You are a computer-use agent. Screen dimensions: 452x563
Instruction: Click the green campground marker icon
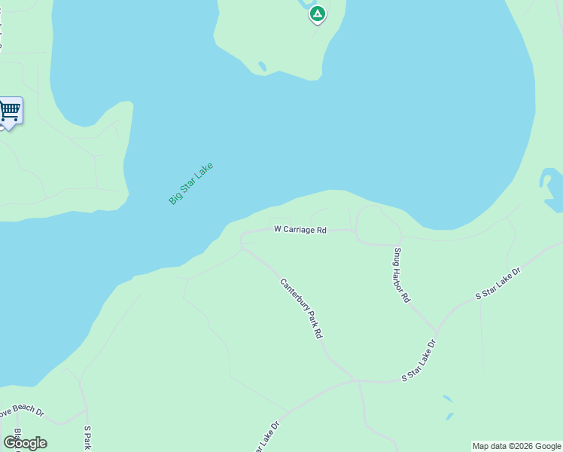[318, 14]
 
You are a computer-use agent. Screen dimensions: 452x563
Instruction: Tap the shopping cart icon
[9, 111]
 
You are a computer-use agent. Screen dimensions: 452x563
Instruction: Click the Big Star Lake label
[191, 183]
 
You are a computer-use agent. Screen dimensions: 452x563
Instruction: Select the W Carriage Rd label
[300, 229]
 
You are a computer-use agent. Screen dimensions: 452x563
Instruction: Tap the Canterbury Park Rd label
[301, 308]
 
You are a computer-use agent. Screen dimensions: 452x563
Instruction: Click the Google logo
[25, 443]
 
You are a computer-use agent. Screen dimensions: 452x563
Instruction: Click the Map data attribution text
[516, 446]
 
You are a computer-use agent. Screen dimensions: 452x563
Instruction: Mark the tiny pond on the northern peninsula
[262, 66]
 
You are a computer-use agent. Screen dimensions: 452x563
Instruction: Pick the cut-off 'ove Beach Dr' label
[22, 413]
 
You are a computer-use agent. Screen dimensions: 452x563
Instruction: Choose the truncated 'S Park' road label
[87, 438]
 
